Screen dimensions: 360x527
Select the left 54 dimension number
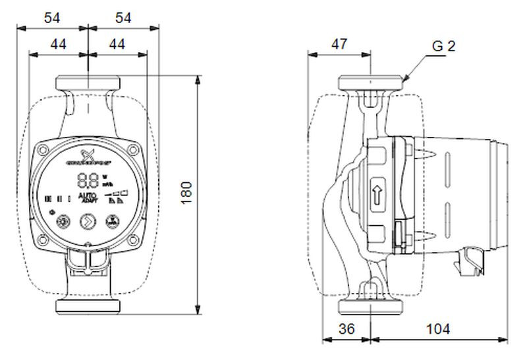pos(52,18)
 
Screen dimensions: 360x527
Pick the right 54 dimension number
pos(123,18)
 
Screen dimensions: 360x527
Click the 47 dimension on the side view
pos(339,44)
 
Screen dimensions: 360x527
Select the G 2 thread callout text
pos(443,46)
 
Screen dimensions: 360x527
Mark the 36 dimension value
pos(347,328)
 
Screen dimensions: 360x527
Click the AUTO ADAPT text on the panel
pos(88,199)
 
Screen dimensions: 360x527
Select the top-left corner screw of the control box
pos(43,151)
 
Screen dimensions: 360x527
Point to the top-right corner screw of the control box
pos(133,151)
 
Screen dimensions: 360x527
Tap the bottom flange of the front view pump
pos(88,306)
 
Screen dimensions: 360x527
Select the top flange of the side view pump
pos(371,83)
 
